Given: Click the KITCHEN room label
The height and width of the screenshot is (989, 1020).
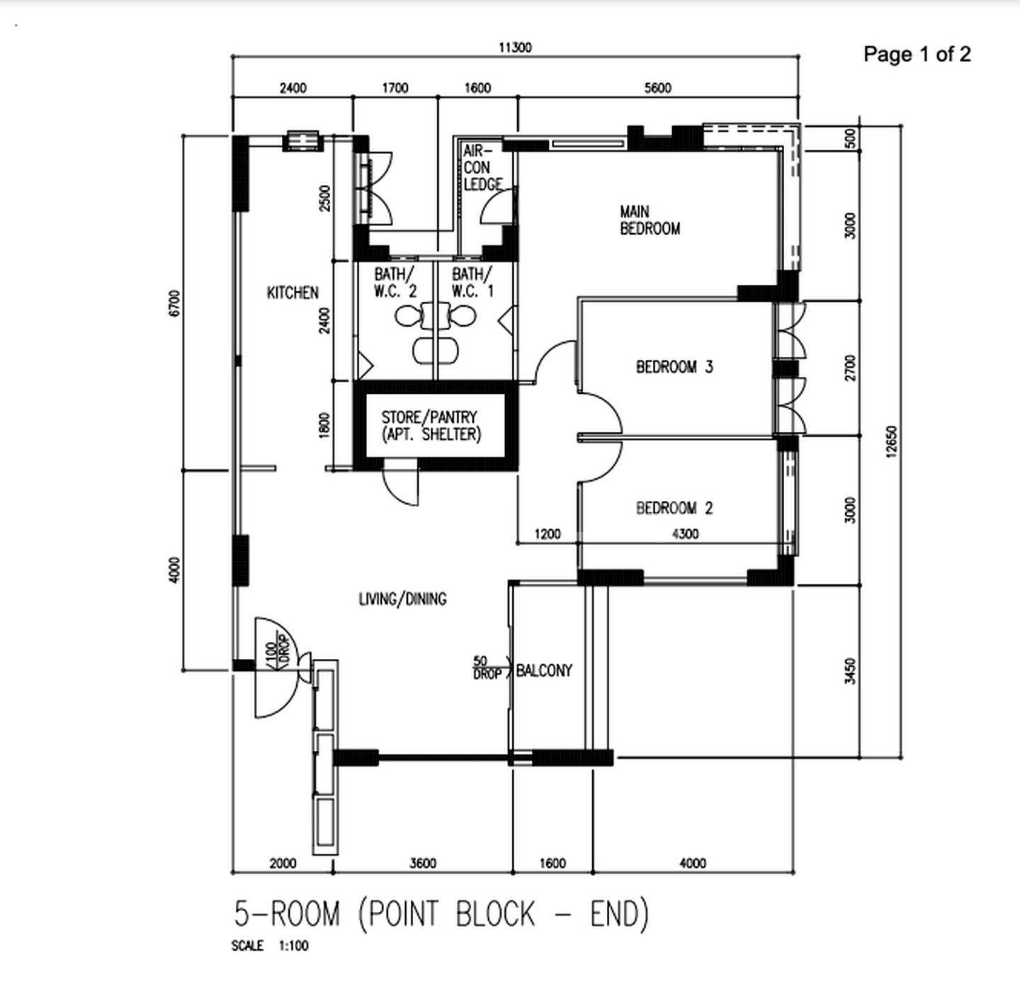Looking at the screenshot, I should tap(293, 293).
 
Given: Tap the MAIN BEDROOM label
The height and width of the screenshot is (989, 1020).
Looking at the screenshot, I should tap(650, 220).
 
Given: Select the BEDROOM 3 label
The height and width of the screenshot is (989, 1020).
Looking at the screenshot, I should tap(674, 367).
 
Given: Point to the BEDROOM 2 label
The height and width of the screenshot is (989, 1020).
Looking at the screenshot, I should tap(674, 508).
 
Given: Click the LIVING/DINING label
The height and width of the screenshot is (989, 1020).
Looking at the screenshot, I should tap(402, 599).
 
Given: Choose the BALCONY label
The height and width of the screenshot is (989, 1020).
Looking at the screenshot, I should tap(544, 670).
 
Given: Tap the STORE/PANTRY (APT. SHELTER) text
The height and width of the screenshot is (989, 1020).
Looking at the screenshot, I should tap(430, 426).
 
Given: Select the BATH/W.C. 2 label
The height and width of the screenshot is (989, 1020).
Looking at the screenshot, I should tap(395, 282).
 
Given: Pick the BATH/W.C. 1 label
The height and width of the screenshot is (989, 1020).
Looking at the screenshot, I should tap(472, 282).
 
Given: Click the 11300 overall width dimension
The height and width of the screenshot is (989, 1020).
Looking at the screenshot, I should tap(515, 47).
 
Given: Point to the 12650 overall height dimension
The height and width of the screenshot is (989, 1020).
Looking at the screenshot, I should tap(891, 441).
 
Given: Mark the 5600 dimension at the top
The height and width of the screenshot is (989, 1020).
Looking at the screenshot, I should tap(657, 88).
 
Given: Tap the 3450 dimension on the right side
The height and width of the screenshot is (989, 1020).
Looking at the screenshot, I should tap(850, 671).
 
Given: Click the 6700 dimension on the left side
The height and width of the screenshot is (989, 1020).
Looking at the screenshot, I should tap(175, 303).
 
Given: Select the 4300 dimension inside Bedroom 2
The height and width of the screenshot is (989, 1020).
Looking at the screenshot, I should tap(685, 533).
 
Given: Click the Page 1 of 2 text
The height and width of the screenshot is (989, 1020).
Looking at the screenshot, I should tap(917, 54).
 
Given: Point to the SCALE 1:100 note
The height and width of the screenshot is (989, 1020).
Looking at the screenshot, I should tap(269, 946).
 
